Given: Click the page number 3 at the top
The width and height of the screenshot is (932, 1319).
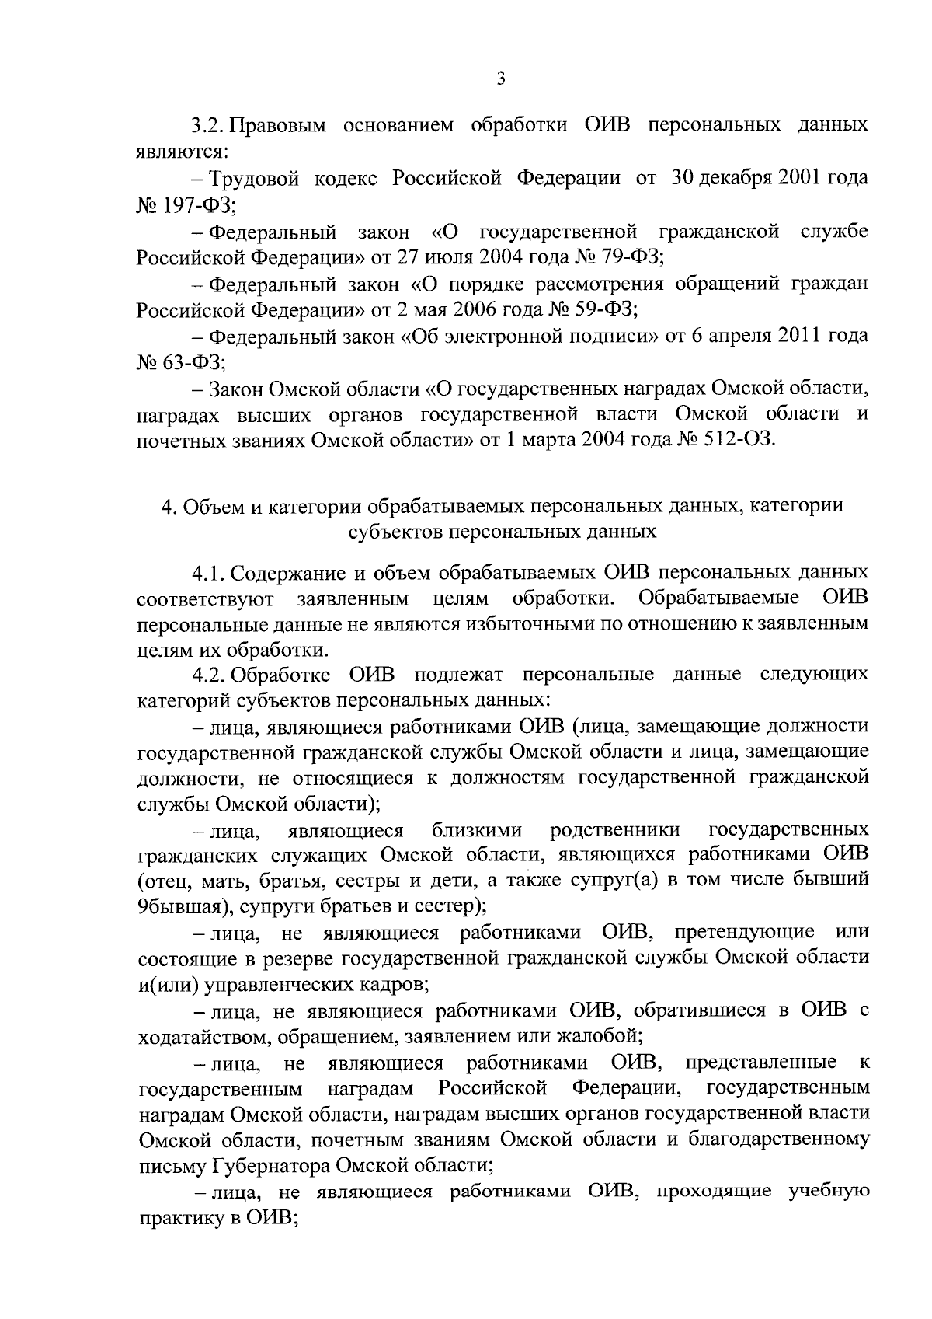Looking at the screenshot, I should tap(500, 79).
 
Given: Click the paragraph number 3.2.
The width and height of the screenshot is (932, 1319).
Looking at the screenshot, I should tap(208, 125).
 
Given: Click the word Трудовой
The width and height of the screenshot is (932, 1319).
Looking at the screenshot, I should tap(259, 178).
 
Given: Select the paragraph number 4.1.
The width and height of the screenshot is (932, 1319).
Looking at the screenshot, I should tap(208, 574).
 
